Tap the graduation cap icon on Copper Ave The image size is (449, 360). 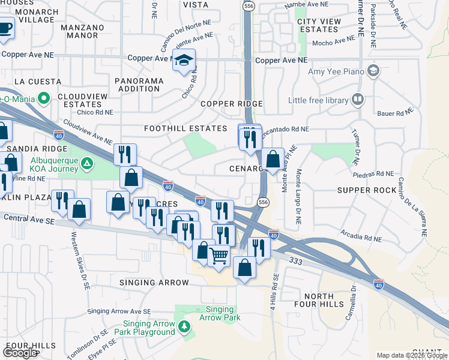(184, 60)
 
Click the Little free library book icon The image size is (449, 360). (358, 99)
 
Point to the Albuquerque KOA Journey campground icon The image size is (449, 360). (87, 163)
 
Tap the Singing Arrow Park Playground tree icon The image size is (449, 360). (185, 326)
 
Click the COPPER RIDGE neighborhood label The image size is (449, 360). (232, 104)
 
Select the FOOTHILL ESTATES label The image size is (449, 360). (185, 128)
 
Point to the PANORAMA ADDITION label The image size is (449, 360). (139, 85)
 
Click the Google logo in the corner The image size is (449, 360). (20, 352)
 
